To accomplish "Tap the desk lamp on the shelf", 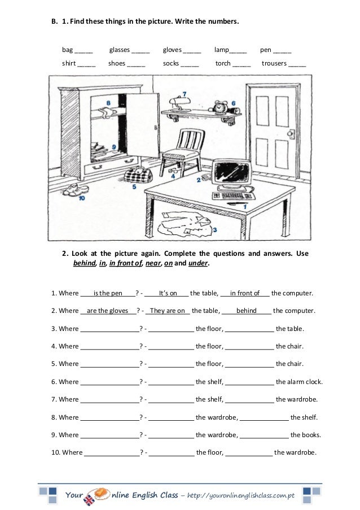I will [x=181, y=104].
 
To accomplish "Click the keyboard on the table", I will [x=233, y=196].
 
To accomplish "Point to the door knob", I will [x=291, y=134].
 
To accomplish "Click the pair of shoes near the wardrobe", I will [x=74, y=190].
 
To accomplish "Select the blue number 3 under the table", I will [x=215, y=230].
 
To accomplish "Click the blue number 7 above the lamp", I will [x=184, y=94].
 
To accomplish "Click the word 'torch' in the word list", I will [x=223, y=63].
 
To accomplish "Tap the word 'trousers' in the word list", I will [x=274, y=63].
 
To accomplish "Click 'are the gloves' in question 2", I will [x=108, y=311].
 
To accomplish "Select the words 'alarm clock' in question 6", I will [x=304, y=382].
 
